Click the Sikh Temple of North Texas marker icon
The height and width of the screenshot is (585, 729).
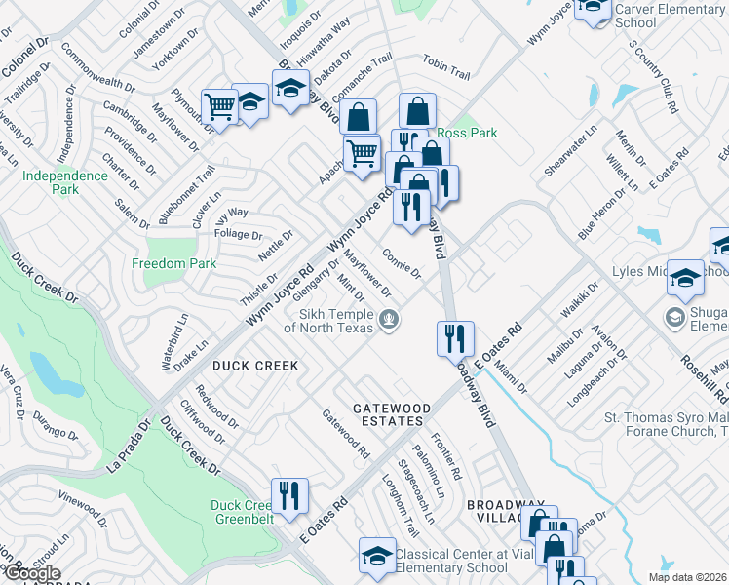pyautogui.click(x=390, y=320)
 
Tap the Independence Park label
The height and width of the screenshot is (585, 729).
pyautogui.click(x=65, y=182)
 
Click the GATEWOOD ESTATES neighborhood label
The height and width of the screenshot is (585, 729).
pyautogui.click(x=375, y=413)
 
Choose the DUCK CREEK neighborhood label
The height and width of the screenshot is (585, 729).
pyautogui.click(x=255, y=366)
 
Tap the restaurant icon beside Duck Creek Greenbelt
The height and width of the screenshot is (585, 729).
pyautogui.click(x=290, y=495)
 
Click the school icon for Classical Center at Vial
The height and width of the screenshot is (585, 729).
pyautogui.click(x=377, y=556)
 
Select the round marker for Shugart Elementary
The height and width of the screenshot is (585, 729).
pyautogui.click(x=674, y=318)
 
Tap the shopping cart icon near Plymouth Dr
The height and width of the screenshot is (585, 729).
pyautogui.click(x=219, y=107)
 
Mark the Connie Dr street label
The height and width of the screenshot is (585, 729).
pyautogui.click(x=401, y=262)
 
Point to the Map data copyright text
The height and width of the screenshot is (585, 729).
pyautogui.click(x=687, y=577)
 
